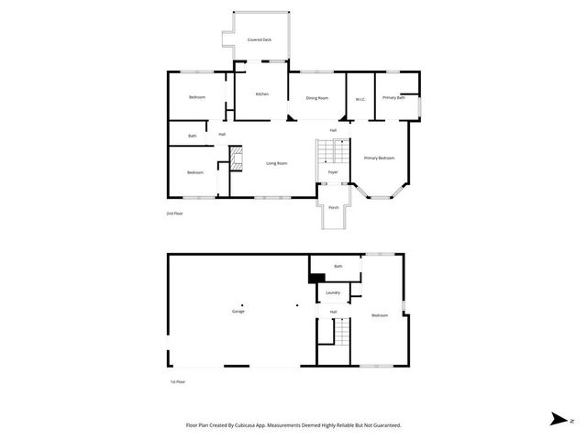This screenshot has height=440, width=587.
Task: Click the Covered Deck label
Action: pyautogui.click(x=260, y=40)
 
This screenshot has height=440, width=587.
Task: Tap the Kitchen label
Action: pyautogui.click(x=261, y=94)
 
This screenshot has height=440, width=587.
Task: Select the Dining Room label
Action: pyautogui.click(x=317, y=97)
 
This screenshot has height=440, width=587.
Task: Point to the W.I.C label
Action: pyautogui.click(x=360, y=97)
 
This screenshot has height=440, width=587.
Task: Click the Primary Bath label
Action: pyautogui.click(x=394, y=97)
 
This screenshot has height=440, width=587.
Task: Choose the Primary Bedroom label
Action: pyautogui.click(x=379, y=158)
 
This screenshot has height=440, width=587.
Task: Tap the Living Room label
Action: pyautogui.click(x=276, y=163)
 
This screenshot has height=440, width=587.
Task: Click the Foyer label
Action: pyautogui.click(x=333, y=171)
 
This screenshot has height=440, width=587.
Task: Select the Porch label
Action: pyautogui.click(x=333, y=207)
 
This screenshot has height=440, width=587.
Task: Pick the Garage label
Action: pyautogui.click(x=238, y=312)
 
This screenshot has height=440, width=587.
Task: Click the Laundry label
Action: pyautogui.click(x=333, y=292)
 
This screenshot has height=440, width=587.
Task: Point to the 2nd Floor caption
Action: pyautogui.click(x=174, y=214)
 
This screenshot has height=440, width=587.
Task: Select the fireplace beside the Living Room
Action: pyautogui.click(x=236, y=162)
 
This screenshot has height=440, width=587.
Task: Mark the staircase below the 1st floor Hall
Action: pyautogui.click(x=341, y=332)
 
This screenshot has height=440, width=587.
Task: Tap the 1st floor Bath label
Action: pyautogui.click(x=338, y=266)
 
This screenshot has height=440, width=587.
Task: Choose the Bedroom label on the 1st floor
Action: pyautogui.click(x=380, y=315)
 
